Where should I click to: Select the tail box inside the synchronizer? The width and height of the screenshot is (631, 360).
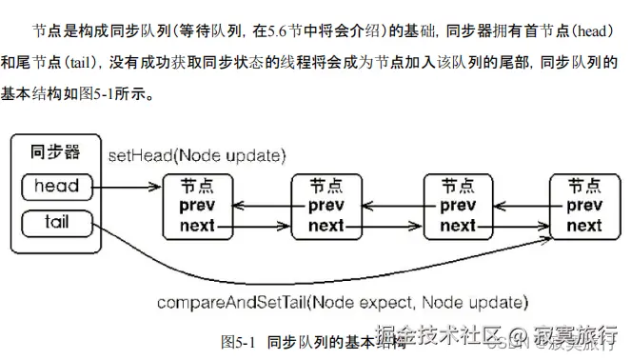pos(56,223)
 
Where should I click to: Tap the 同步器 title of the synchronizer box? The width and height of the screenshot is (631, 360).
pos(55,151)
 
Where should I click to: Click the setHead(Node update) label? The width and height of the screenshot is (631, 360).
pos(197,154)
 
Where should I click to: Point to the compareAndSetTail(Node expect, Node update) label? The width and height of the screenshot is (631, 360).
pos(342,303)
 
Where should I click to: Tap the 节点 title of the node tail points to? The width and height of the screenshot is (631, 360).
pos(584,186)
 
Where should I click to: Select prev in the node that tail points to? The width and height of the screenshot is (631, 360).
pos(584,206)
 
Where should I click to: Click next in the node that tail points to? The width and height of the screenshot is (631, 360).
pos(584,226)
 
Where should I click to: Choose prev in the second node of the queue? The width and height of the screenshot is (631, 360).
pos(325,206)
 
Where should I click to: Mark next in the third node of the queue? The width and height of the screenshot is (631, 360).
pos(457,226)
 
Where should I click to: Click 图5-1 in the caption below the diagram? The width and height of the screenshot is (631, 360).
pos(239,341)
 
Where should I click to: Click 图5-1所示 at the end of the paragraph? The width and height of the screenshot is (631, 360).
pos(137,96)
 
